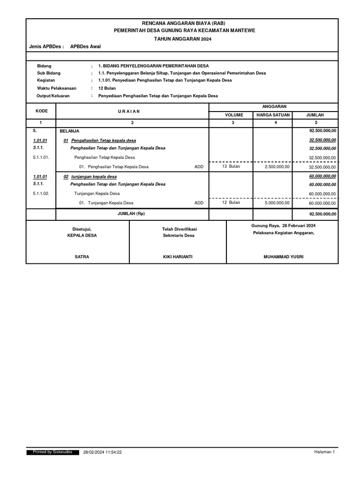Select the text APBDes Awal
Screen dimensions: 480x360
[x=85, y=46]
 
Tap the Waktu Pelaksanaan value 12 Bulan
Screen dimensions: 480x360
[x=107, y=88]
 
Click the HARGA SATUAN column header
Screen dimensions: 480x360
[x=273, y=114]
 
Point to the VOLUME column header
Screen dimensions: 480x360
[x=234, y=114]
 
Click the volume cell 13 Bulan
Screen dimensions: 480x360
[x=231, y=166]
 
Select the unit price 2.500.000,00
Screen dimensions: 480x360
[x=277, y=166]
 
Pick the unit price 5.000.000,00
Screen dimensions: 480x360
[x=277, y=202]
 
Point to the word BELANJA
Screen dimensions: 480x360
[x=69, y=131]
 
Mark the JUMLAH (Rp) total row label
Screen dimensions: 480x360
[x=132, y=214]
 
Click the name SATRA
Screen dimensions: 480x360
[x=82, y=257]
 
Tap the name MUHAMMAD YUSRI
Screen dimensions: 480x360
[x=283, y=257]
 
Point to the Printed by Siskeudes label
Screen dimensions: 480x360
[x=52, y=452]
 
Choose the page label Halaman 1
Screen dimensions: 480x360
[x=324, y=452]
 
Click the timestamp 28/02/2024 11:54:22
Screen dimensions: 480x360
[x=102, y=452]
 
